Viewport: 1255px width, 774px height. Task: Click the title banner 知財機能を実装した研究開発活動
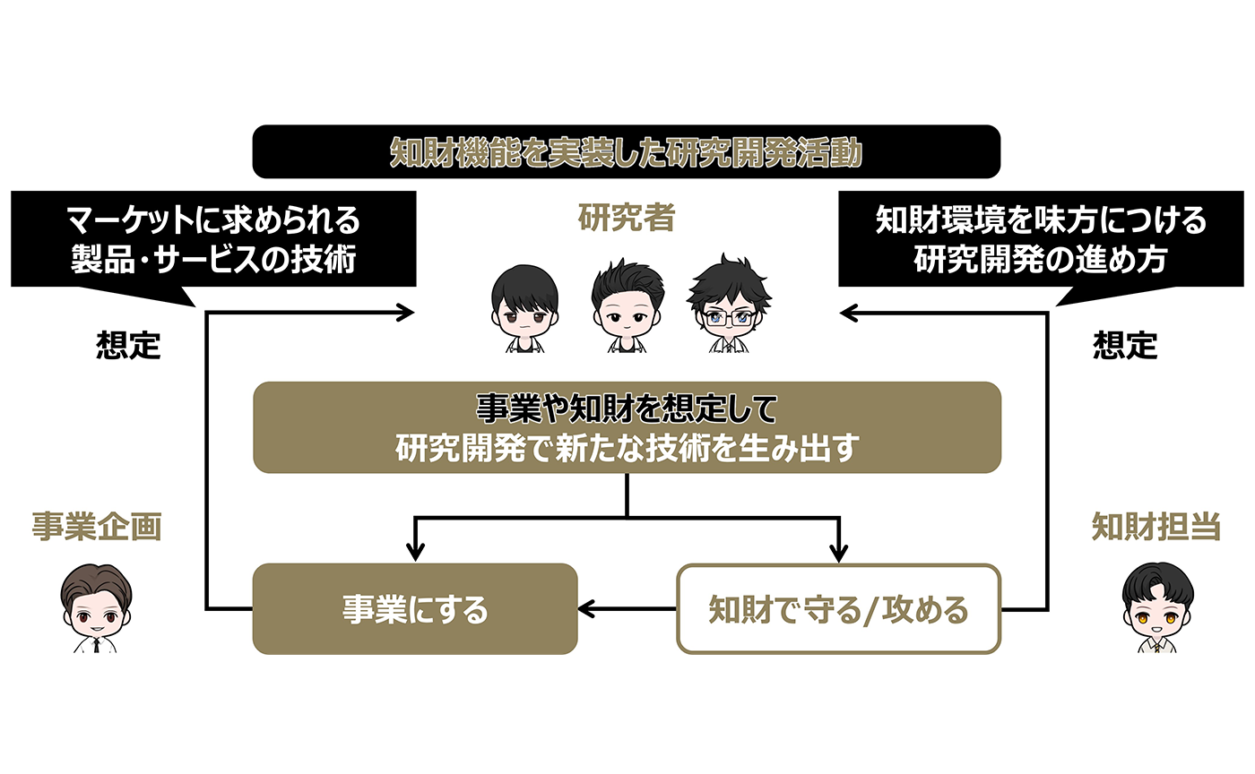click(x=627, y=151)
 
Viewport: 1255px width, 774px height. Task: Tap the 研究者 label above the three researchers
click(x=627, y=218)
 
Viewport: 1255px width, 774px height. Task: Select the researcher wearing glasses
click(x=729, y=304)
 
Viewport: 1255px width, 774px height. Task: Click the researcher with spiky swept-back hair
click(x=627, y=305)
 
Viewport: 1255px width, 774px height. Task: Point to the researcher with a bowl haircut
click(x=524, y=308)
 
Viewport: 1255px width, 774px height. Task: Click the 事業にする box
click(x=415, y=609)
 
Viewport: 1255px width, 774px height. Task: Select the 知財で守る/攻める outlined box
click(x=839, y=609)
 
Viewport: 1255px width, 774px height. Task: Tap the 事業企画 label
click(x=97, y=527)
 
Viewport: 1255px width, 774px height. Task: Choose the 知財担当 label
click(x=1156, y=527)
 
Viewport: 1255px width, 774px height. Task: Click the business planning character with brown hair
click(x=97, y=608)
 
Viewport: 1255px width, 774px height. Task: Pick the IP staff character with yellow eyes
click(x=1157, y=608)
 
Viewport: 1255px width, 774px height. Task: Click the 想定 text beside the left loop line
click(x=128, y=345)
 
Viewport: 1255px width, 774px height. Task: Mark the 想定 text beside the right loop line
click(x=1125, y=345)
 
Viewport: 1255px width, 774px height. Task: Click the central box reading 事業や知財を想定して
click(x=627, y=427)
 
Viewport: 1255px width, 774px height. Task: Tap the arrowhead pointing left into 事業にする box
click(x=585, y=609)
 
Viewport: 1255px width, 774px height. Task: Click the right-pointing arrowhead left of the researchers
click(x=405, y=313)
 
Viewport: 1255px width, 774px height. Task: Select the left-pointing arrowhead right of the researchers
click(x=848, y=313)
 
